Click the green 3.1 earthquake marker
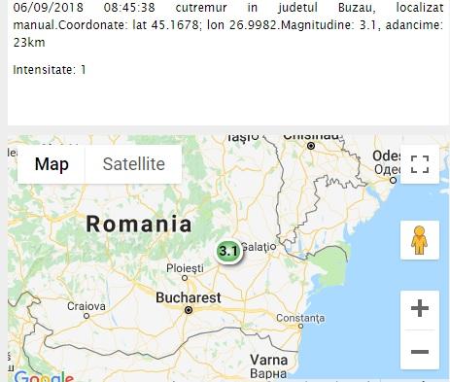(228, 251)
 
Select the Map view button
(52, 164)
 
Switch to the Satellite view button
(134, 164)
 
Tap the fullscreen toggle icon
(420, 163)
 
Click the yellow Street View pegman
(420, 240)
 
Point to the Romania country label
(139, 224)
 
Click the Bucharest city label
(189, 296)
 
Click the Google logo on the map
(43, 376)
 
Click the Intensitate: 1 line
(50, 70)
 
